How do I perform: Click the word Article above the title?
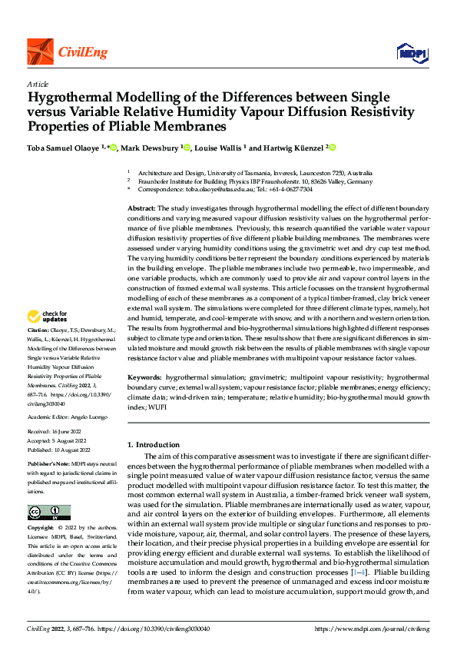point(38,84)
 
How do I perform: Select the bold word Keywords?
point(145,378)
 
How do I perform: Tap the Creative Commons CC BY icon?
point(49,513)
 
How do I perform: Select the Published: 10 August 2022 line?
point(60,450)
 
